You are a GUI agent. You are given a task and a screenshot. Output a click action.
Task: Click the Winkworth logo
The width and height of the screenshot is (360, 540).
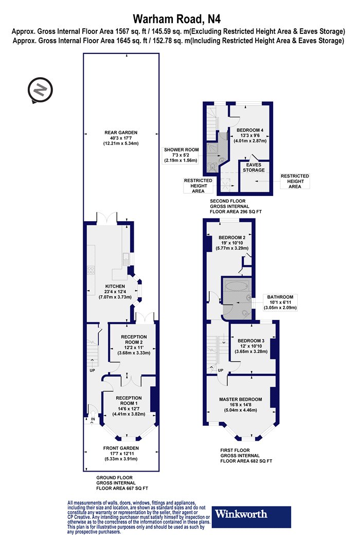tap(251, 516)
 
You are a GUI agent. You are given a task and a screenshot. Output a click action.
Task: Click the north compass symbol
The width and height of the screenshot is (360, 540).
tap(40, 90)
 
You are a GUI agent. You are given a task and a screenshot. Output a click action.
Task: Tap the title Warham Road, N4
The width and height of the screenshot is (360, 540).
tap(177, 18)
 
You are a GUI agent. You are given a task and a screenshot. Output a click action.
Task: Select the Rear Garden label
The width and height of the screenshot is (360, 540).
tap(121, 138)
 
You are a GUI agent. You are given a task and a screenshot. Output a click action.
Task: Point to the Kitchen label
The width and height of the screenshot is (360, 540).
tap(115, 292)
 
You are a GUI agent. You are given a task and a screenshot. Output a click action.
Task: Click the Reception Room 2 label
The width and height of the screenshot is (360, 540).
tap(134, 345)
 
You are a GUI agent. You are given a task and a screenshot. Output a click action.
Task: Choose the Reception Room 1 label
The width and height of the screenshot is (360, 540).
tap(129, 406)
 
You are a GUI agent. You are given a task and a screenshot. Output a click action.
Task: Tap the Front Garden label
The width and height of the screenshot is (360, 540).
tap(121, 454)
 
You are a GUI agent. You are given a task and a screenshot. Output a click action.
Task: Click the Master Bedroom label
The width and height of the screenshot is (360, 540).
tap(241, 405)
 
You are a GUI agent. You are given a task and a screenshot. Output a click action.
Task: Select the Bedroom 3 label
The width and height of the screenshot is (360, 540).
tap(251, 346)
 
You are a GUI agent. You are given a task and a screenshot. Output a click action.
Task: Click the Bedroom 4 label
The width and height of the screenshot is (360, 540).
tap(250, 135)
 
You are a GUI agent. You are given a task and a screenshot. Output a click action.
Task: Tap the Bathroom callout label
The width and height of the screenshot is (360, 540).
tap(280, 302)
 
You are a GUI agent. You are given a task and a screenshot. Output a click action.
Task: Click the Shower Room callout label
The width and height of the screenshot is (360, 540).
tap(181, 155)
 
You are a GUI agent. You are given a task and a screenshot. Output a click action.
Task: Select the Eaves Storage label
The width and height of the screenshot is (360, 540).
tap(254, 167)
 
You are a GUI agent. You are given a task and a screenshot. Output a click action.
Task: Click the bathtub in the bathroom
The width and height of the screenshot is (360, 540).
tap(237, 285)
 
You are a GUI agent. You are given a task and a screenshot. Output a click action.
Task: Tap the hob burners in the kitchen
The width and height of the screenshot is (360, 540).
tap(91, 270)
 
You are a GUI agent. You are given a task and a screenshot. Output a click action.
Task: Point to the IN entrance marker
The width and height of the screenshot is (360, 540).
tap(93, 420)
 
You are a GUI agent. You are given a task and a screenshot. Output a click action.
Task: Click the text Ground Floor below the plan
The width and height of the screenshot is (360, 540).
tap(114, 478)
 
